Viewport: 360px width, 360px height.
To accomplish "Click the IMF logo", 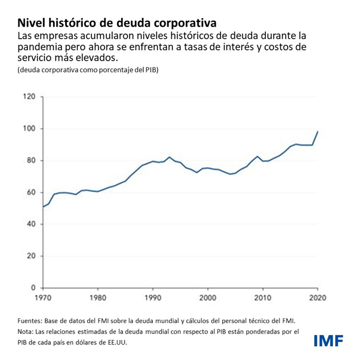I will click(x=329, y=340).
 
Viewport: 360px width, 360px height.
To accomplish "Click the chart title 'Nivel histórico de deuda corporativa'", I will click(x=117, y=23).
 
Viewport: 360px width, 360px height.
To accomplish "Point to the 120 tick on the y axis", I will click(x=29, y=96).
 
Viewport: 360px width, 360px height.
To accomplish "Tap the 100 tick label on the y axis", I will click(x=29, y=128).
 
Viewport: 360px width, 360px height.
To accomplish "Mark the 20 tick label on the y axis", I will click(x=31, y=256).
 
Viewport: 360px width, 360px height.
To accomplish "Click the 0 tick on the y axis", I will click(x=33, y=287).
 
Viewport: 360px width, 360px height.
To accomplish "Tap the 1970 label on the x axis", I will click(x=43, y=298).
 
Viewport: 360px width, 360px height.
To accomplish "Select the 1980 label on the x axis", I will click(x=97, y=298).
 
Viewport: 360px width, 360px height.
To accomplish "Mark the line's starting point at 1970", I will click(x=43, y=207).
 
